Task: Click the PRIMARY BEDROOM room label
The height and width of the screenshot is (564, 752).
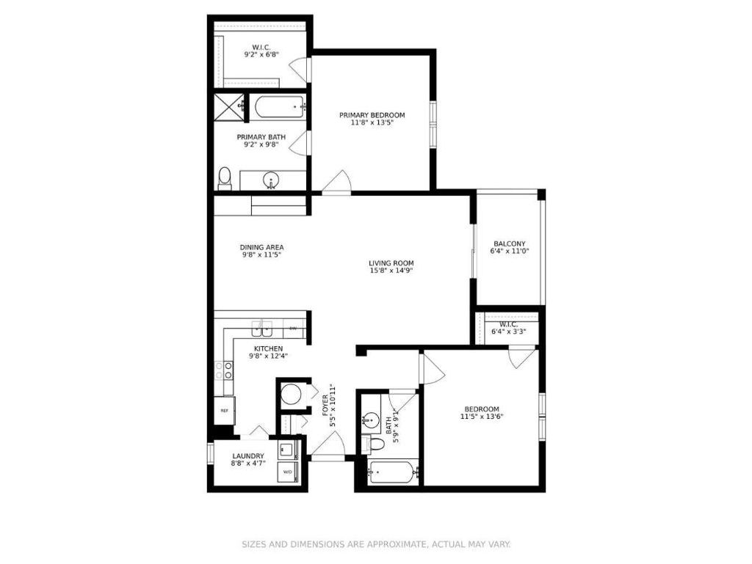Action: tap(372, 115)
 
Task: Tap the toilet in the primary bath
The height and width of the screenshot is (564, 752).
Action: tap(225, 177)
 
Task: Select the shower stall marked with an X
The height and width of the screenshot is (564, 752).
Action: tap(228, 106)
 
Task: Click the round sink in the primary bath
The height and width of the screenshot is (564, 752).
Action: tap(272, 180)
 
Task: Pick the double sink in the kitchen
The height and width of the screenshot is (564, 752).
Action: tap(262, 327)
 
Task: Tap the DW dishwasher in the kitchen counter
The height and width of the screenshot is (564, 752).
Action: tap(293, 328)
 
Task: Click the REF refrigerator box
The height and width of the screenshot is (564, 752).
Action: tap(224, 411)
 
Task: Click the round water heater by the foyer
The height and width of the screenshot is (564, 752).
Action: tap(292, 394)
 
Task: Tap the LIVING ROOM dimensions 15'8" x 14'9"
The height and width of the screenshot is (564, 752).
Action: tap(391, 271)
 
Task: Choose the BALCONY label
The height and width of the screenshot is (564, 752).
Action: tap(509, 243)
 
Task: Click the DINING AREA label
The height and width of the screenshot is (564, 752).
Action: tap(261, 247)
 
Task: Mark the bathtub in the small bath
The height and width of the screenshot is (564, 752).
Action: tap(393, 473)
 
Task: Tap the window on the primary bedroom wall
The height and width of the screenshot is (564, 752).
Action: tap(433, 120)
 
